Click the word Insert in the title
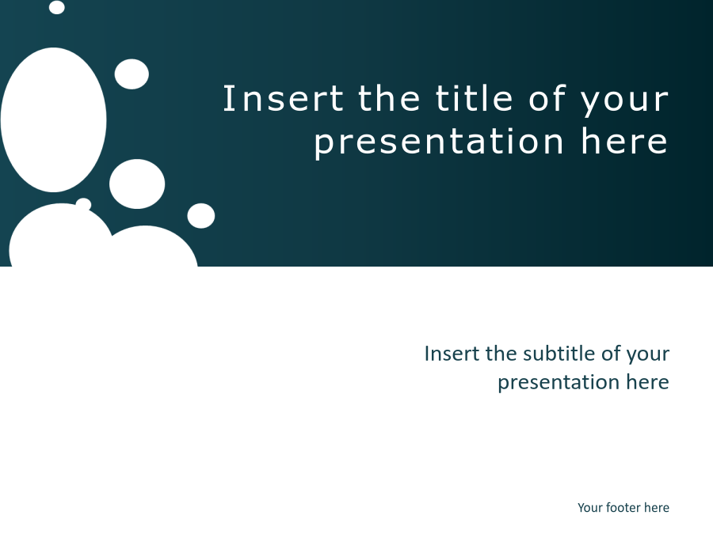(283, 98)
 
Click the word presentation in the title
(438, 142)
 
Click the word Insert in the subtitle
(452, 354)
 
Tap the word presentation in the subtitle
(559, 383)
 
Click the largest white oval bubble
(54, 120)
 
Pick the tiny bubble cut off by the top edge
(56, 7)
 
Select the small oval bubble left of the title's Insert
(132, 74)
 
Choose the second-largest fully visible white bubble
(137, 184)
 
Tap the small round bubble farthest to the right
(201, 216)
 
